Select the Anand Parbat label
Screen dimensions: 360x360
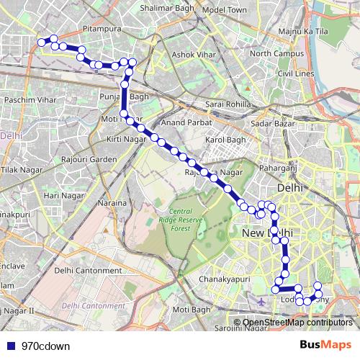click(185, 123)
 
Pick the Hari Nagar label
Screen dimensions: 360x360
click(62, 195)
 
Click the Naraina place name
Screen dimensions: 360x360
click(113, 203)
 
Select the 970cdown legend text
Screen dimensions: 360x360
click(45, 345)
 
